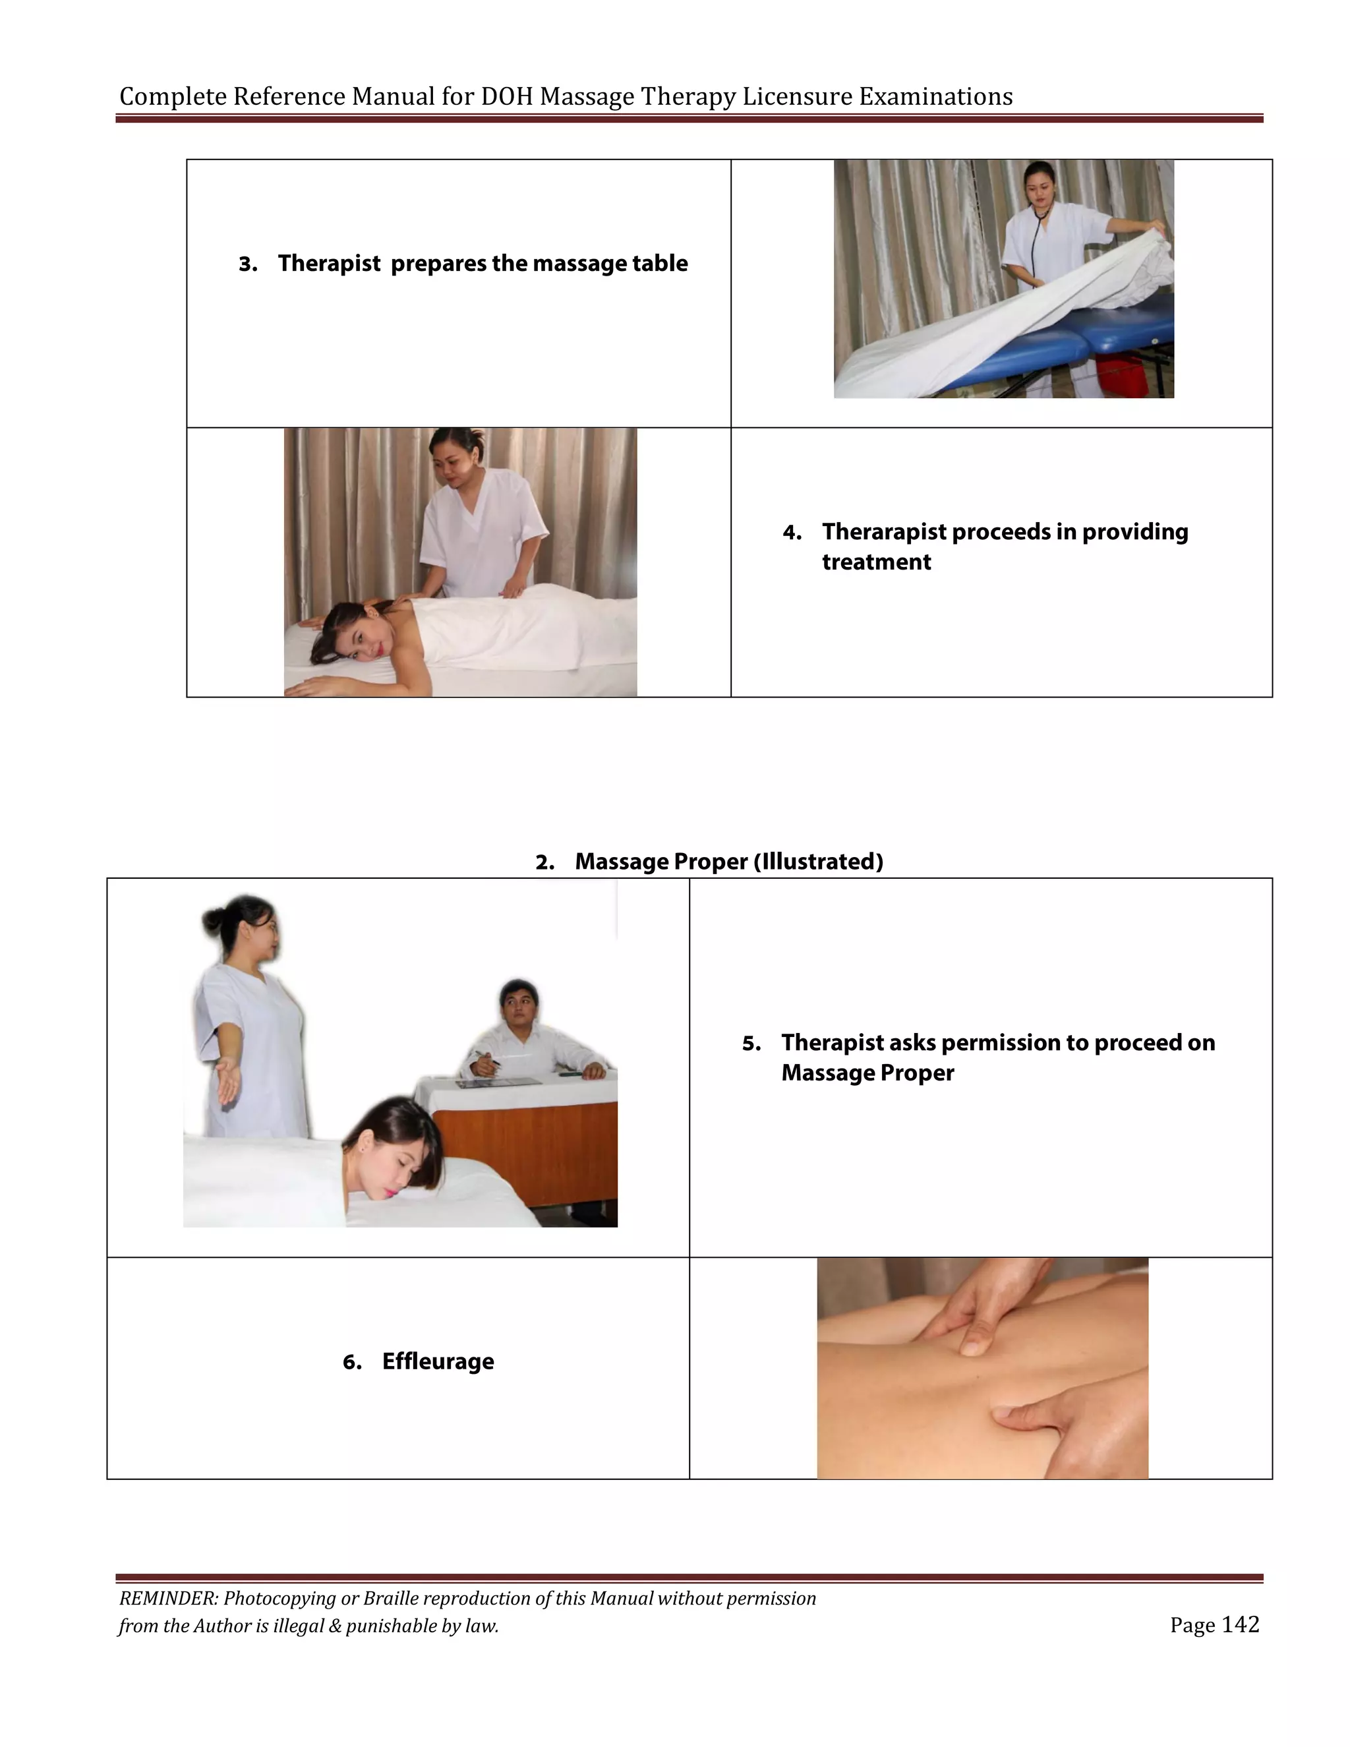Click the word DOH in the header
click(x=507, y=97)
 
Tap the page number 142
click(x=1240, y=1624)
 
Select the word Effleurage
click(x=438, y=1361)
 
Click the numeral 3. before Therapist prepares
click(x=247, y=264)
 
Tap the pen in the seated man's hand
click(x=486, y=1059)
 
